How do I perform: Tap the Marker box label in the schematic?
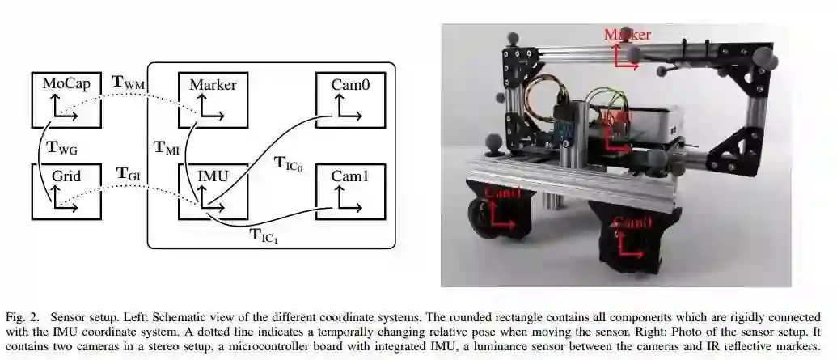coord(213,84)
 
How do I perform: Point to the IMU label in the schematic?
coord(213,175)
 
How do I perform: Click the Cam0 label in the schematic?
coord(350,84)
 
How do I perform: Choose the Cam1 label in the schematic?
coord(350,175)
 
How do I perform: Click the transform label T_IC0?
coord(290,163)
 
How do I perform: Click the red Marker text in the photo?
coord(628,34)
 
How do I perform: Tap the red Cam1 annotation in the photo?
coord(503,194)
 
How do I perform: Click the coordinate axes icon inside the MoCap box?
coord(63,107)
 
